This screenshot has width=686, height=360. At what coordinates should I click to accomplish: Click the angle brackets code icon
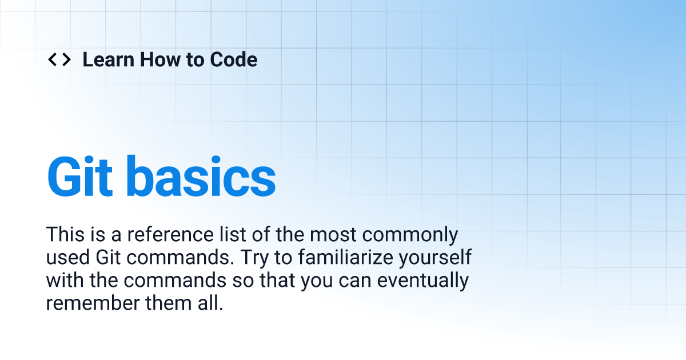coord(59,59)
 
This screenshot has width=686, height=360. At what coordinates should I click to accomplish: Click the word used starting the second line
coord(65,258)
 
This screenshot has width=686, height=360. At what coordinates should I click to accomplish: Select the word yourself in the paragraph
coord(436,258)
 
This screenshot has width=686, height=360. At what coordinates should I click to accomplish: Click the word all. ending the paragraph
coord(208,303)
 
